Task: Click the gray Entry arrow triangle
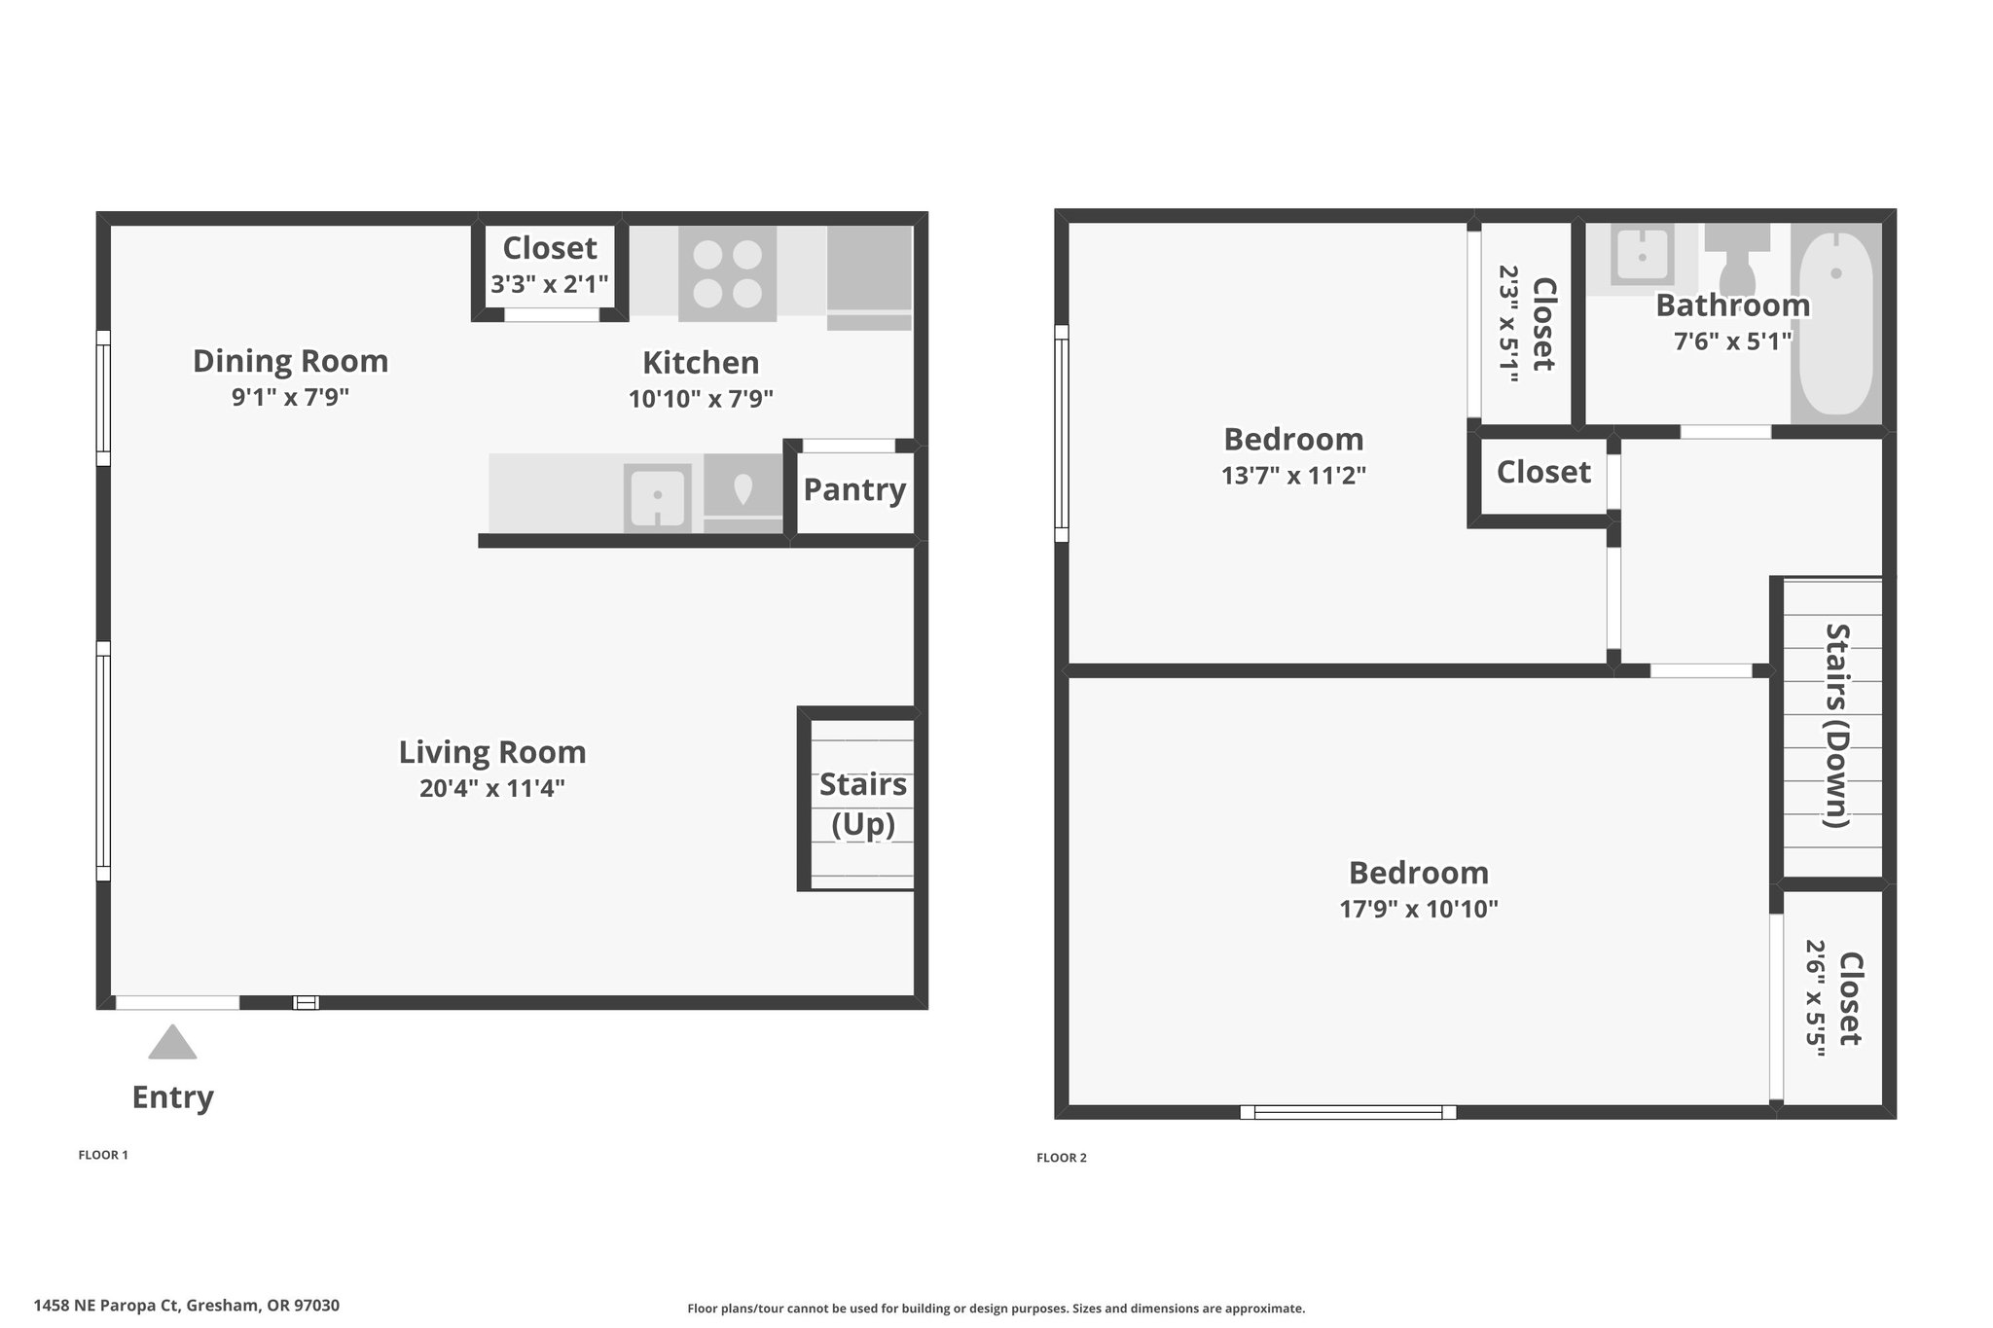coord(172,1042)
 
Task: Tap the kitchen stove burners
coord(727,273)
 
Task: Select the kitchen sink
coord(658,496)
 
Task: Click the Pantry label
coord(854,489)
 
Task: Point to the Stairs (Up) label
coord(863,804)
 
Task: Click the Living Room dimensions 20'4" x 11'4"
coord(492,788)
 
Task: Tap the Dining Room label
coord(291,361)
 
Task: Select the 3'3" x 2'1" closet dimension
coord(550,284)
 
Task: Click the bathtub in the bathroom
coord(1835,324)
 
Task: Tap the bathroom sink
coord(1642,255)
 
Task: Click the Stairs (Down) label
coord(1836,726)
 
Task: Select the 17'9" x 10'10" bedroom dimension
coord(1419,909)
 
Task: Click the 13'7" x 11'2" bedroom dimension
coord(1294,476)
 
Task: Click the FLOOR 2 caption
coord(1062,1158)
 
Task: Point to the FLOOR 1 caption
coord(103,1155)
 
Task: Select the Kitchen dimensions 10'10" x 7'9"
coord(701,399)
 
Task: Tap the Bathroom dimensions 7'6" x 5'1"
coord(1733,341)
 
